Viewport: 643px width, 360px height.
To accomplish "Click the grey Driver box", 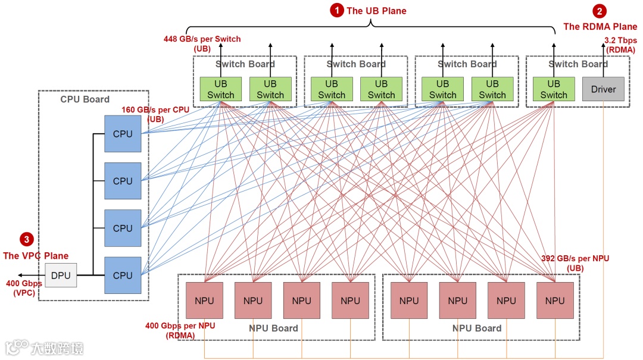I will click(603, 89).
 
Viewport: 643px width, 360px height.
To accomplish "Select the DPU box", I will click(61, 276).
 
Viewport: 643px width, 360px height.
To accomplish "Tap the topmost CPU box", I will click(123, 134).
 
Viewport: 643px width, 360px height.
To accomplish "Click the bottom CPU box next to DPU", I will click(123, 275).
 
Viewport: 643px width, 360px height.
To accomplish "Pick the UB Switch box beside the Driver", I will click(554, 89).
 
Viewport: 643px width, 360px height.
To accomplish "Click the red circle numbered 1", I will click(337, 10).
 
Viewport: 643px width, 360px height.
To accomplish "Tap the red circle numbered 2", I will click(600, 11).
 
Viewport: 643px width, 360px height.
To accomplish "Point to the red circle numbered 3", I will click(26, 239).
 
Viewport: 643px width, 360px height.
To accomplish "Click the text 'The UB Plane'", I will click(376, 11).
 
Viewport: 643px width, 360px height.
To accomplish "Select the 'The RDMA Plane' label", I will click(600, 26).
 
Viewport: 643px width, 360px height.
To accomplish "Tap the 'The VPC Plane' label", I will click(36, 256).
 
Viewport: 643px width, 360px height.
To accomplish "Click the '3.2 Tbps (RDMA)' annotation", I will click(620, 45).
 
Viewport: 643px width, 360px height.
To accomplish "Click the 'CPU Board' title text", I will click(85, 99).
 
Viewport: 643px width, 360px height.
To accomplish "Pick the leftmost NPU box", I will click(204, 300).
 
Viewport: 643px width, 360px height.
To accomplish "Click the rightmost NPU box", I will click(554, 300).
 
